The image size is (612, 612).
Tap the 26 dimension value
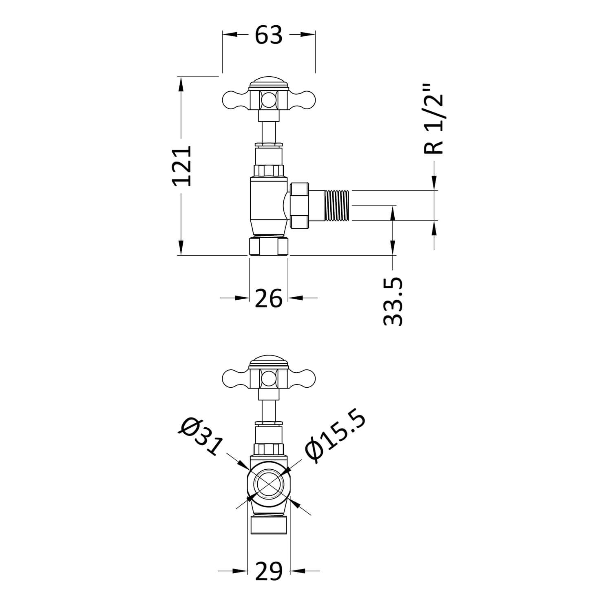click(269, 298)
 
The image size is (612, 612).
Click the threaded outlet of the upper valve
click(337, 206)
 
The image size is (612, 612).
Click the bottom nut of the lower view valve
click(269, 524)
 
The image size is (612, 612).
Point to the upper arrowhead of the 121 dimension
click(181, 84)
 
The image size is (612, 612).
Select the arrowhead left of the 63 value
click(230, 35)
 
